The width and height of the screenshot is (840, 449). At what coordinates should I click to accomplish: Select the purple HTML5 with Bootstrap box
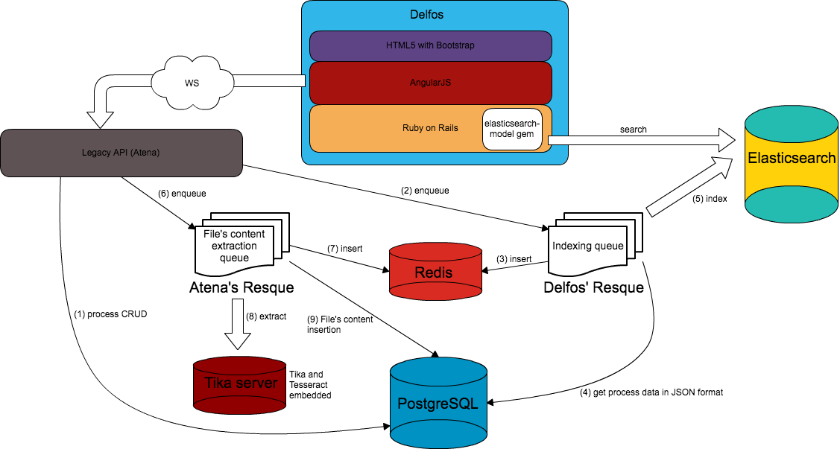[430, 45]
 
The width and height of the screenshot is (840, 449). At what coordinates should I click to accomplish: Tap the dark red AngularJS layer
[430, 83]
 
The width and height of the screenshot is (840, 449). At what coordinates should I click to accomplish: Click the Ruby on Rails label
[430, 128]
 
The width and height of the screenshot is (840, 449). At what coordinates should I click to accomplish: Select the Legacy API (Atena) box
[121, 153]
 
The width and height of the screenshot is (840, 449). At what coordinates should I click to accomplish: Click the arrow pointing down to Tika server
[238, 324]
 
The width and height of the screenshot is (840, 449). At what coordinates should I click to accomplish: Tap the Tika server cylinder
[240, 385]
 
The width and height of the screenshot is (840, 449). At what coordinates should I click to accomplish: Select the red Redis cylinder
[435, 272]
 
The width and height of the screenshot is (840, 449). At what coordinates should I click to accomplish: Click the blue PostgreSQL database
[438, 402]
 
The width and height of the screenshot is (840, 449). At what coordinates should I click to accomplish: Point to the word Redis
[433, 273]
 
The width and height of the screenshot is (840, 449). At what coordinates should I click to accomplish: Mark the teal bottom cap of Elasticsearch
[792, 204]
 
